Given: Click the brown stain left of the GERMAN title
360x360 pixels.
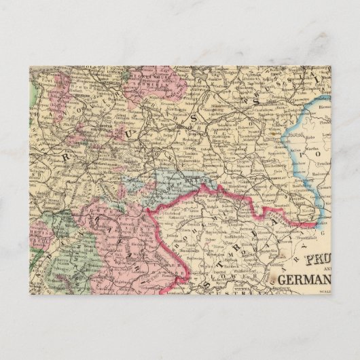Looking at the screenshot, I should click(271, 279).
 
